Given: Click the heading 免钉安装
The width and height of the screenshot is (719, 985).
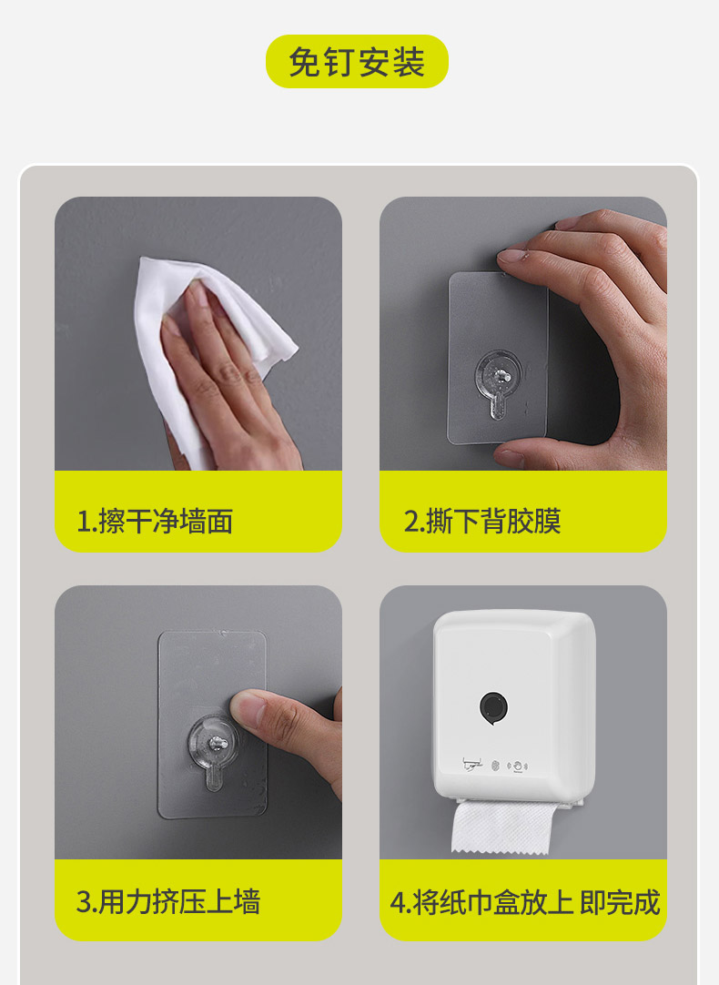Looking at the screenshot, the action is click(x=357, y=62).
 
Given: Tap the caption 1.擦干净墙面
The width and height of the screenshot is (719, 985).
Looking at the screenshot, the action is click(x=155, y=521).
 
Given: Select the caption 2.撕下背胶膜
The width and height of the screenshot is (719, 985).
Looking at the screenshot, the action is click(x=481, y=521).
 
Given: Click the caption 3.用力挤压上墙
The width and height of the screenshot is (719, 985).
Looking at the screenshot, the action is click(x=167, y=901).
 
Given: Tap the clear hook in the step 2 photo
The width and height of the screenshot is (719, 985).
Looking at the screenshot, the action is click(x=498, y=383).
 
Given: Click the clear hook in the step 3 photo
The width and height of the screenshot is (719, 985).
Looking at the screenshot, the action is click(x=213, y=752).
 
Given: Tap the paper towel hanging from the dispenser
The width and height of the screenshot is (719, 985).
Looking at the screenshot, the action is click(x=501, y=826).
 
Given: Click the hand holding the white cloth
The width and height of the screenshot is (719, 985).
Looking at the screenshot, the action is click(x=229, y=383).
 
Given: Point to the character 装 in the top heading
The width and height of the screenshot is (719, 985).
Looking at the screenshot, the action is click(x=409, y=62).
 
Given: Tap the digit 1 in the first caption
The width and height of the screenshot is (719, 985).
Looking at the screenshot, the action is click(x=83, y=522).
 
